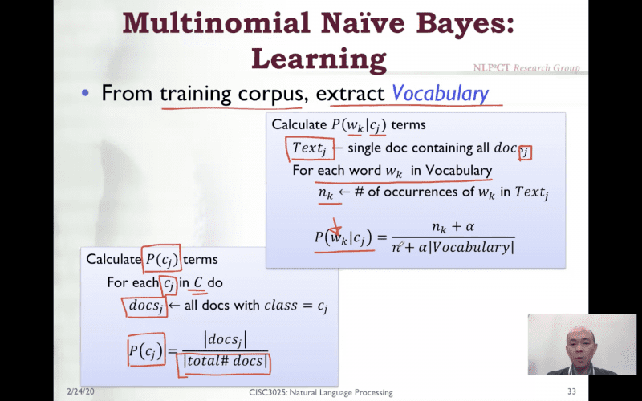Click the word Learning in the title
coord(319,59)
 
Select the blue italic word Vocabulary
coord(440,94)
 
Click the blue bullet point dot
coord(85,93)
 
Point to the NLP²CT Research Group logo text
coord(526,68)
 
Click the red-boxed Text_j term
coord(309,149)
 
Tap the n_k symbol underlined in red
coord(326,193)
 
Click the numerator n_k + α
coord(453,227)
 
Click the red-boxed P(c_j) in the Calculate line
coord(161,259)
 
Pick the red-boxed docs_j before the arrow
coord(146,306)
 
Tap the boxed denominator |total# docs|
coord(226,362)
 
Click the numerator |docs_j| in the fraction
coord(226,340)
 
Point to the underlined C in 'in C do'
coord(198,282)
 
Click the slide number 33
coord(571,391)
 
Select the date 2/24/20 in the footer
coord(80,391)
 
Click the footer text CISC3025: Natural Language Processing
coord(321,392)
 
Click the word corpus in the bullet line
coord(270,94)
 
